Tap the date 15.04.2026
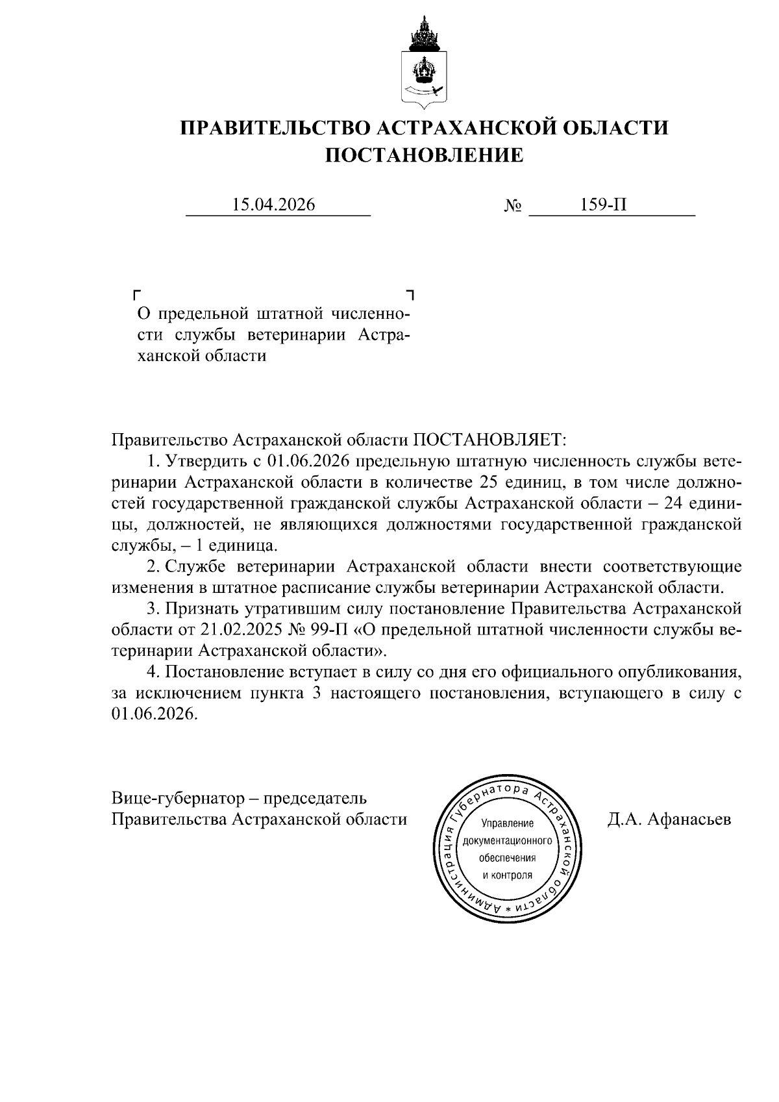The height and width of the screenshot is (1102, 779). [x=273, y=205]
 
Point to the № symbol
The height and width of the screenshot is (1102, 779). [x=513, y=207]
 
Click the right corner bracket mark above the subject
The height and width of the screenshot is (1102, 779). [x=410, y=295]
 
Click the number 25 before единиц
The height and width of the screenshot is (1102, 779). [x=490, y=482]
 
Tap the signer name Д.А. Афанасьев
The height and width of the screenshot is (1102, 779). [x=669, y=820]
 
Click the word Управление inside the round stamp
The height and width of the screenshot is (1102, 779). [x=507, y=824]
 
